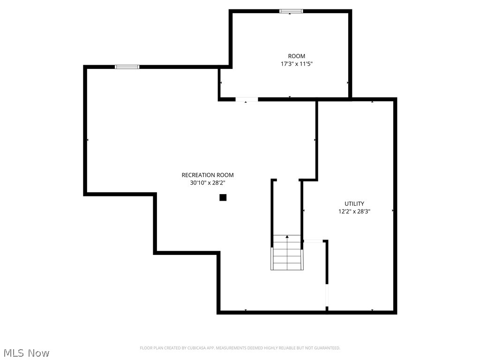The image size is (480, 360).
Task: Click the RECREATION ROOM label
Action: click(207, 175)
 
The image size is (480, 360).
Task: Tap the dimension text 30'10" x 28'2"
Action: click(207, 183)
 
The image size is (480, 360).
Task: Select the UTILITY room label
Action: click(354, 204)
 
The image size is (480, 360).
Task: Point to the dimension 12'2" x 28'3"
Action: click(354, 212)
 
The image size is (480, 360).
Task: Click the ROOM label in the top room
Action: click(296, 56)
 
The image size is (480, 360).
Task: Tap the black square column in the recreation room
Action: click(223, 198)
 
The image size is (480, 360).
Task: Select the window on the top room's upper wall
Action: click(291, 11)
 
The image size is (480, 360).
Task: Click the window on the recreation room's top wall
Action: click(127, 67)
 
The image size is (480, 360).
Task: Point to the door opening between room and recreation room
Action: click(247, 99)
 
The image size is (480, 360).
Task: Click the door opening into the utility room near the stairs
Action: click(314, 241)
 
